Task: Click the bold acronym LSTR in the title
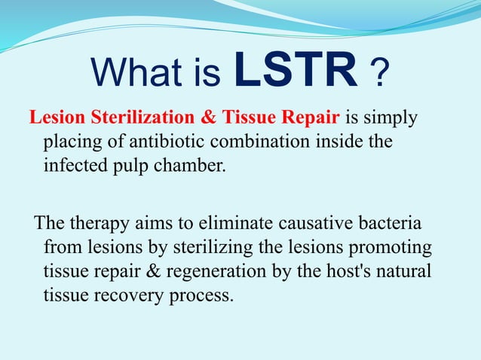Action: pos(296,71)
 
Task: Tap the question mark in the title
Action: pos(382,73)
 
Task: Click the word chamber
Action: pos(191,165)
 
